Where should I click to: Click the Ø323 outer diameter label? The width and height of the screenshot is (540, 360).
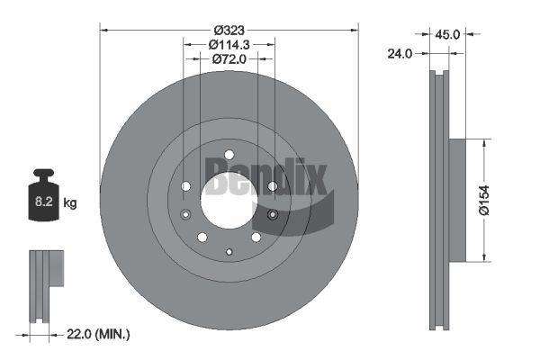coord(229,31)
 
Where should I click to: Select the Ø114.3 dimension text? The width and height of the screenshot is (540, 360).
coord(229,45)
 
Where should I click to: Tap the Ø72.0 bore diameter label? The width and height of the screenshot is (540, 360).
coord(229,59)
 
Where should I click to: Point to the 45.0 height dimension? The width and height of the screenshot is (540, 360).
coord(447,34)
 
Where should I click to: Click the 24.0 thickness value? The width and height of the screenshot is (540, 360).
coord(400,54)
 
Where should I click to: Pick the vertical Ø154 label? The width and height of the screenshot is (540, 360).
coord(484,200)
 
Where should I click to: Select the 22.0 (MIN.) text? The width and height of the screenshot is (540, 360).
coord(98,334)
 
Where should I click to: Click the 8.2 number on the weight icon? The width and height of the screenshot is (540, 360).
coord(44,202)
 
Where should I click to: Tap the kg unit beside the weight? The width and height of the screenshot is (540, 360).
coord(70,202)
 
